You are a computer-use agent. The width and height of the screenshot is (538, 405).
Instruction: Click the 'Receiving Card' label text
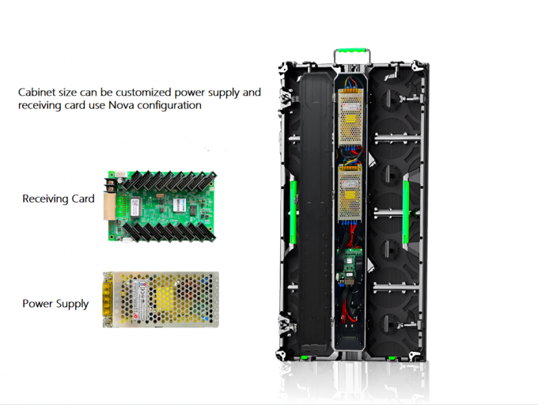click(59, 199)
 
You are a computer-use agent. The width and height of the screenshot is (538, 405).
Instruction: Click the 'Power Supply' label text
click(55, 304)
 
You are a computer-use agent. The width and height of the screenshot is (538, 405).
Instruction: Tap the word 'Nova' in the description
click(121, 105)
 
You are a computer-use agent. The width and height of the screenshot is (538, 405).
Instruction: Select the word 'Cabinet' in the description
click(36, 93)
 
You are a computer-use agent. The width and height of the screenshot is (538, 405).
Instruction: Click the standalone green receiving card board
click(161, 206)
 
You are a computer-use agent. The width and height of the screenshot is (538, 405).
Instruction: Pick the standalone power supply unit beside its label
click(161, 299)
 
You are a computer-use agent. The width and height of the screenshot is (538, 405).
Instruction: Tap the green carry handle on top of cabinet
click(352, 51)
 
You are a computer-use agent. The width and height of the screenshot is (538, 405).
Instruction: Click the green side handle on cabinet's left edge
click(294, 212)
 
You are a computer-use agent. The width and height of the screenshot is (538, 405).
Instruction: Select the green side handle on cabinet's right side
click(406, 212)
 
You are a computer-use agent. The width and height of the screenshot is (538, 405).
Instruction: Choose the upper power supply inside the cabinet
click(350, 117)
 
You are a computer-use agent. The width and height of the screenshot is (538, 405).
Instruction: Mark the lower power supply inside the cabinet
click(350, 193)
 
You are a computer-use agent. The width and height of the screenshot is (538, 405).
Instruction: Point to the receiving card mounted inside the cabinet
click(349, 265)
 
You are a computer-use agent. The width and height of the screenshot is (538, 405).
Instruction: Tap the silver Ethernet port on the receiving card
click(110, 206)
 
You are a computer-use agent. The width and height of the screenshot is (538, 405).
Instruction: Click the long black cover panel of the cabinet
click(316, 213)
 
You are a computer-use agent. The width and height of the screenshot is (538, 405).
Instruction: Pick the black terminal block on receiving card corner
click(110, 186)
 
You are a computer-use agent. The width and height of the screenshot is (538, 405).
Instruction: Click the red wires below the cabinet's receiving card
click(349, 309)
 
